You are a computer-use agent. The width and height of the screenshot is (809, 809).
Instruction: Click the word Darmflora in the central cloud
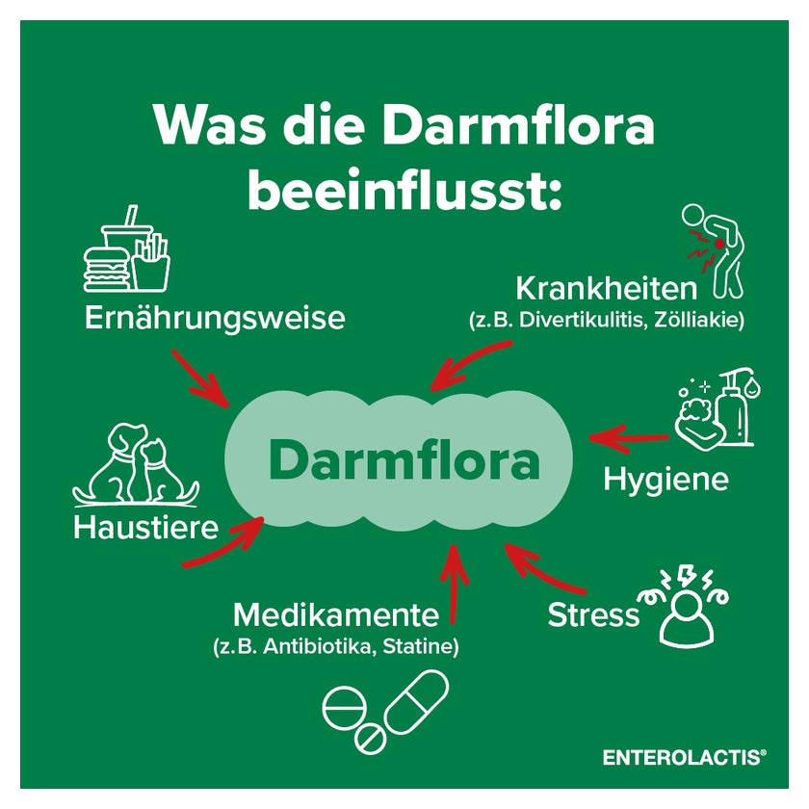coord(404,461)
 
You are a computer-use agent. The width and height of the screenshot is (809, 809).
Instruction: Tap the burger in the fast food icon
coord(106,269)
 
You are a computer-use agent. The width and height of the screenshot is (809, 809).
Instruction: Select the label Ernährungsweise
coord(215,317)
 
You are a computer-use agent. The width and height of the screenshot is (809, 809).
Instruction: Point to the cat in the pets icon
coord(161,470)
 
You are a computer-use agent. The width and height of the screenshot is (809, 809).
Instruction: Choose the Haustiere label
coord(146,528)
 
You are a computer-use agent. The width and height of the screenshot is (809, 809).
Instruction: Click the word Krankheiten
coord(606,288)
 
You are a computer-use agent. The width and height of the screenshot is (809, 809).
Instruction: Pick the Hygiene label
coord(665,480)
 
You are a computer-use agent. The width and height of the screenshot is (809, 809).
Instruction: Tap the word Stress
coord(593,615)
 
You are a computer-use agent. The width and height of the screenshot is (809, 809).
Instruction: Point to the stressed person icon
coord(685,608)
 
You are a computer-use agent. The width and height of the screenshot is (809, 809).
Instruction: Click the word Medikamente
coord(336,614)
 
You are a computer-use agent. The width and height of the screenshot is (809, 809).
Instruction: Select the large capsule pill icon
coord(416,702)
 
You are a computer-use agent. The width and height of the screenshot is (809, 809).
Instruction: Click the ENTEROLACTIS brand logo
coord(685,757)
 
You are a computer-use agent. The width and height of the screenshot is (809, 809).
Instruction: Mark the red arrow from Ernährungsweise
coord(200,379)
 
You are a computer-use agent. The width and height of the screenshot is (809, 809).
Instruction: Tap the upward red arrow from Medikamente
coord(453,584)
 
